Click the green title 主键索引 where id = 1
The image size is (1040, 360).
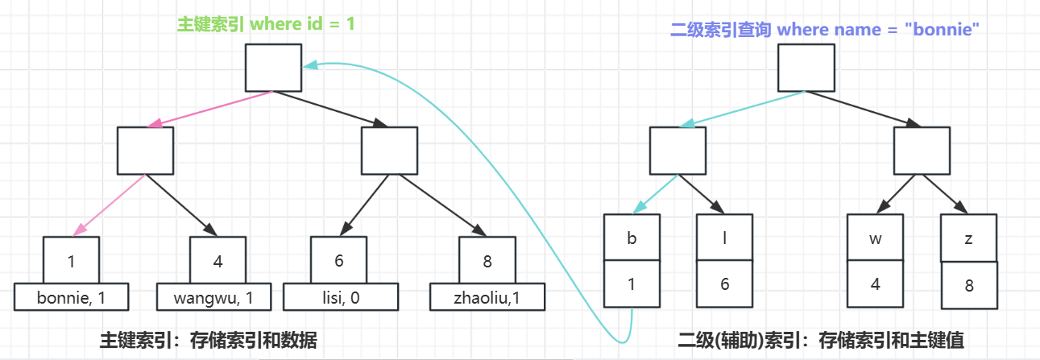click(x=266, y=23)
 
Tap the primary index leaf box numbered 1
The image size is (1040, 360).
click(x=71, y=260)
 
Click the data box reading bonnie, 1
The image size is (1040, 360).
click(x=71, y=298)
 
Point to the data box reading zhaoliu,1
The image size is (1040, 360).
click(x=487, y=298)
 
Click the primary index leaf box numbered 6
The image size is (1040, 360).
click(x=339, y=260)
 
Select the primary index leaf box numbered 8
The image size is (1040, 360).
click(x=487, y=260)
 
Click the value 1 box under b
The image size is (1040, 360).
click(x=632, y=283)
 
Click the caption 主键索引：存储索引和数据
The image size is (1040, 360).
click(x=208, y=341)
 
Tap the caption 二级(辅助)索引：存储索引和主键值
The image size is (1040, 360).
click(x=822, y=341)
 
